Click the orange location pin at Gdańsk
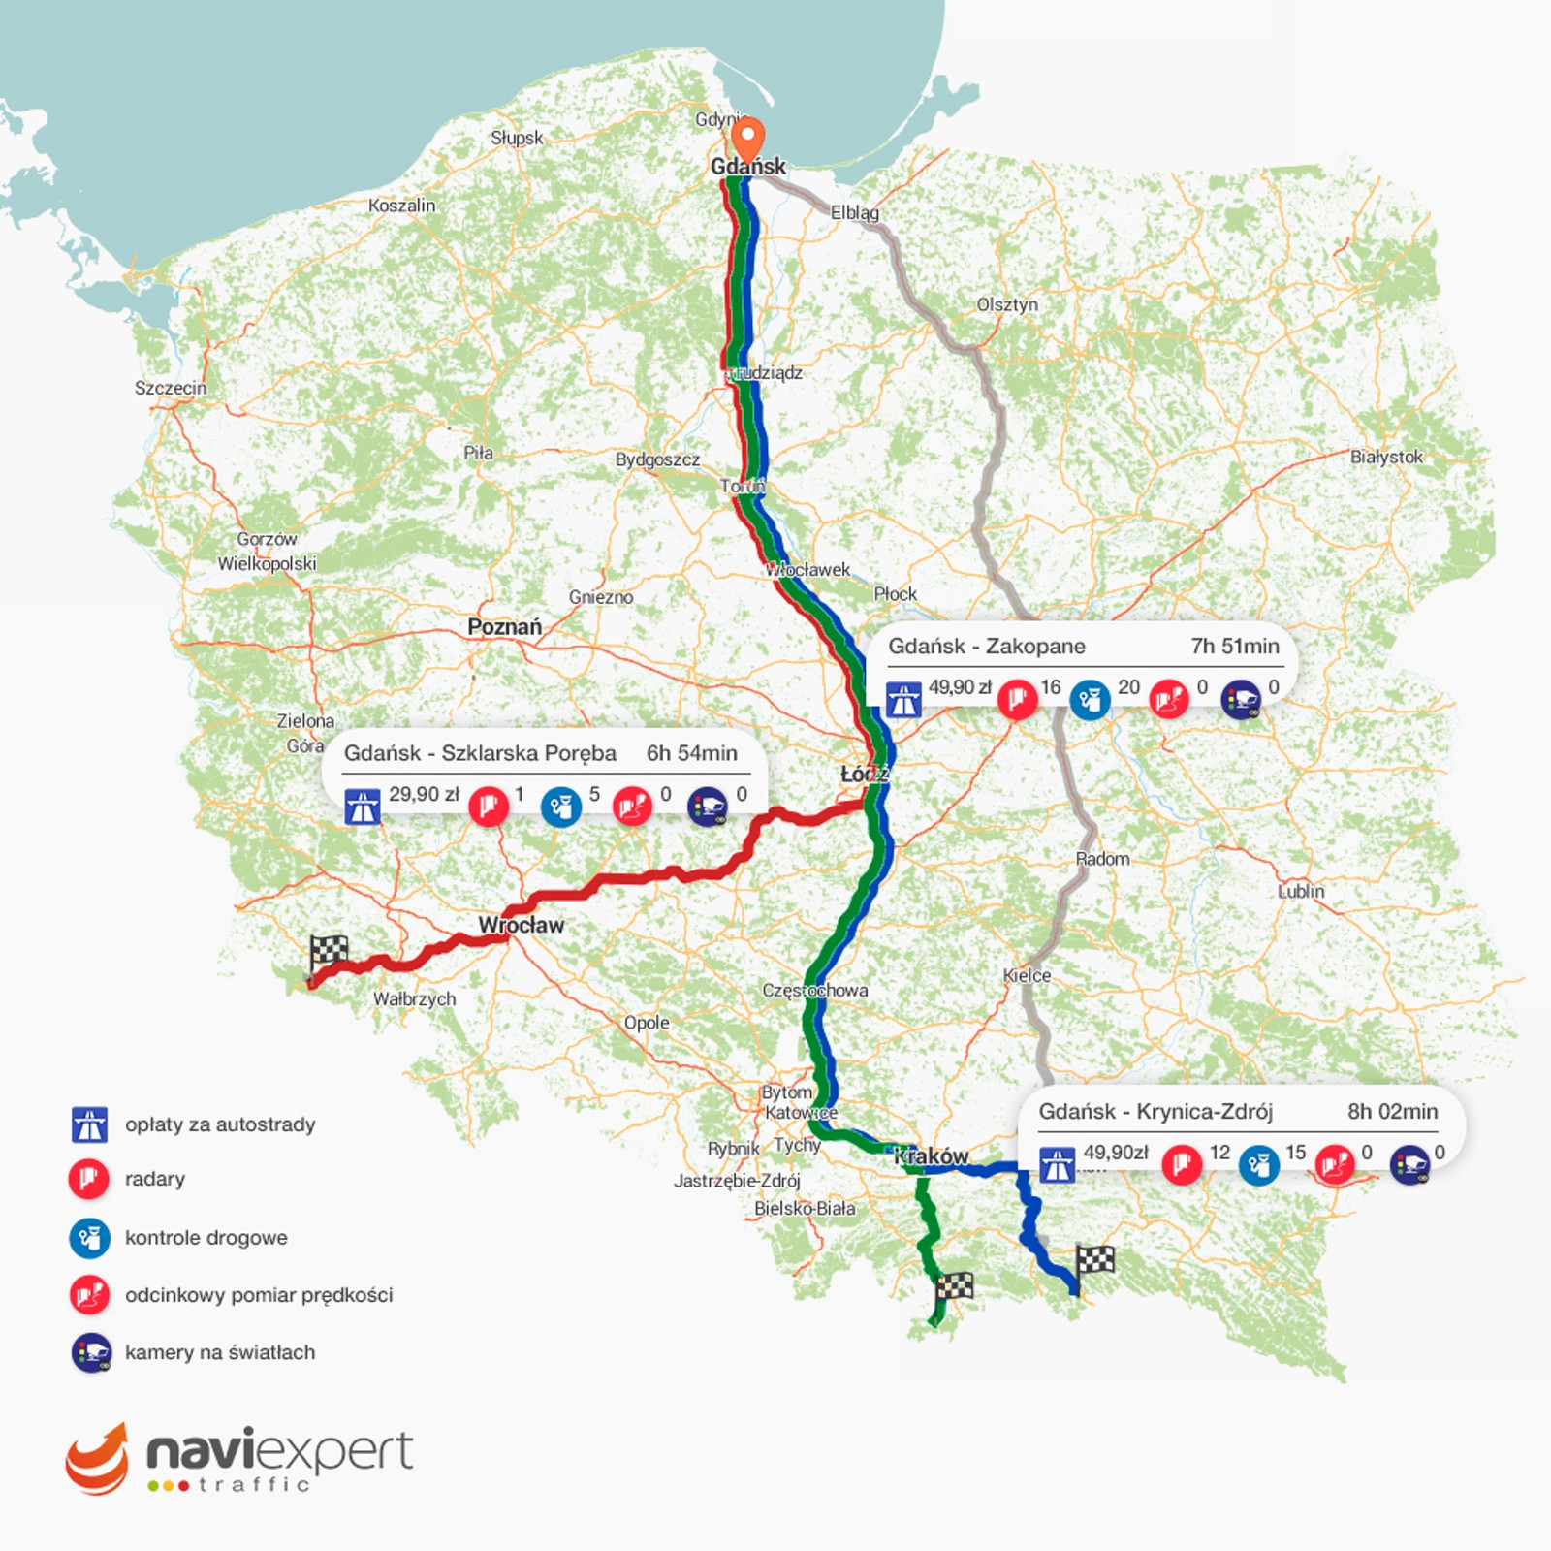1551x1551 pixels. tap(746, 139)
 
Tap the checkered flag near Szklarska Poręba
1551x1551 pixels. tap(329, 951)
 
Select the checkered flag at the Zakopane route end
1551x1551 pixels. tap(954, 1287)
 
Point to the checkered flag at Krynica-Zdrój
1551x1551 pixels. tap(1095, 1260)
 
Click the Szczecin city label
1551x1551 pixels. tap(171, 388)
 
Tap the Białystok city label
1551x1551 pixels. tap(1386, 457)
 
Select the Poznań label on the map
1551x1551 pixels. tap(504, 627)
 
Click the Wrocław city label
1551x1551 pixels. tap(521, 926)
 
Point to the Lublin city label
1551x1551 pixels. tap(1300, 891)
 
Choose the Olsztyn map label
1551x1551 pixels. tap(1007, 304)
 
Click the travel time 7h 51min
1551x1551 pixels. tap(1234, 647)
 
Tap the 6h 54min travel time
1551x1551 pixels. tap(691, 753)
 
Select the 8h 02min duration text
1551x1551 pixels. tap(1392, 1112)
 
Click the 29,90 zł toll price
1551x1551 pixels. tap(424, 795)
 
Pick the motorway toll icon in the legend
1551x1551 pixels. tap(90, 1125)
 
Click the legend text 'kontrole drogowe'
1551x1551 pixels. tap(206, 1238)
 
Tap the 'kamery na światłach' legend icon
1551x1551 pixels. tap(91, 1353)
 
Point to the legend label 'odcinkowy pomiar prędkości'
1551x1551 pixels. tap(259, 1295)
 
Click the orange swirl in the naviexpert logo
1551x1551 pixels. tap(97, 1460)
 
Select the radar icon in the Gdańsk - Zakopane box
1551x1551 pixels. tap(1018, 698)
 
